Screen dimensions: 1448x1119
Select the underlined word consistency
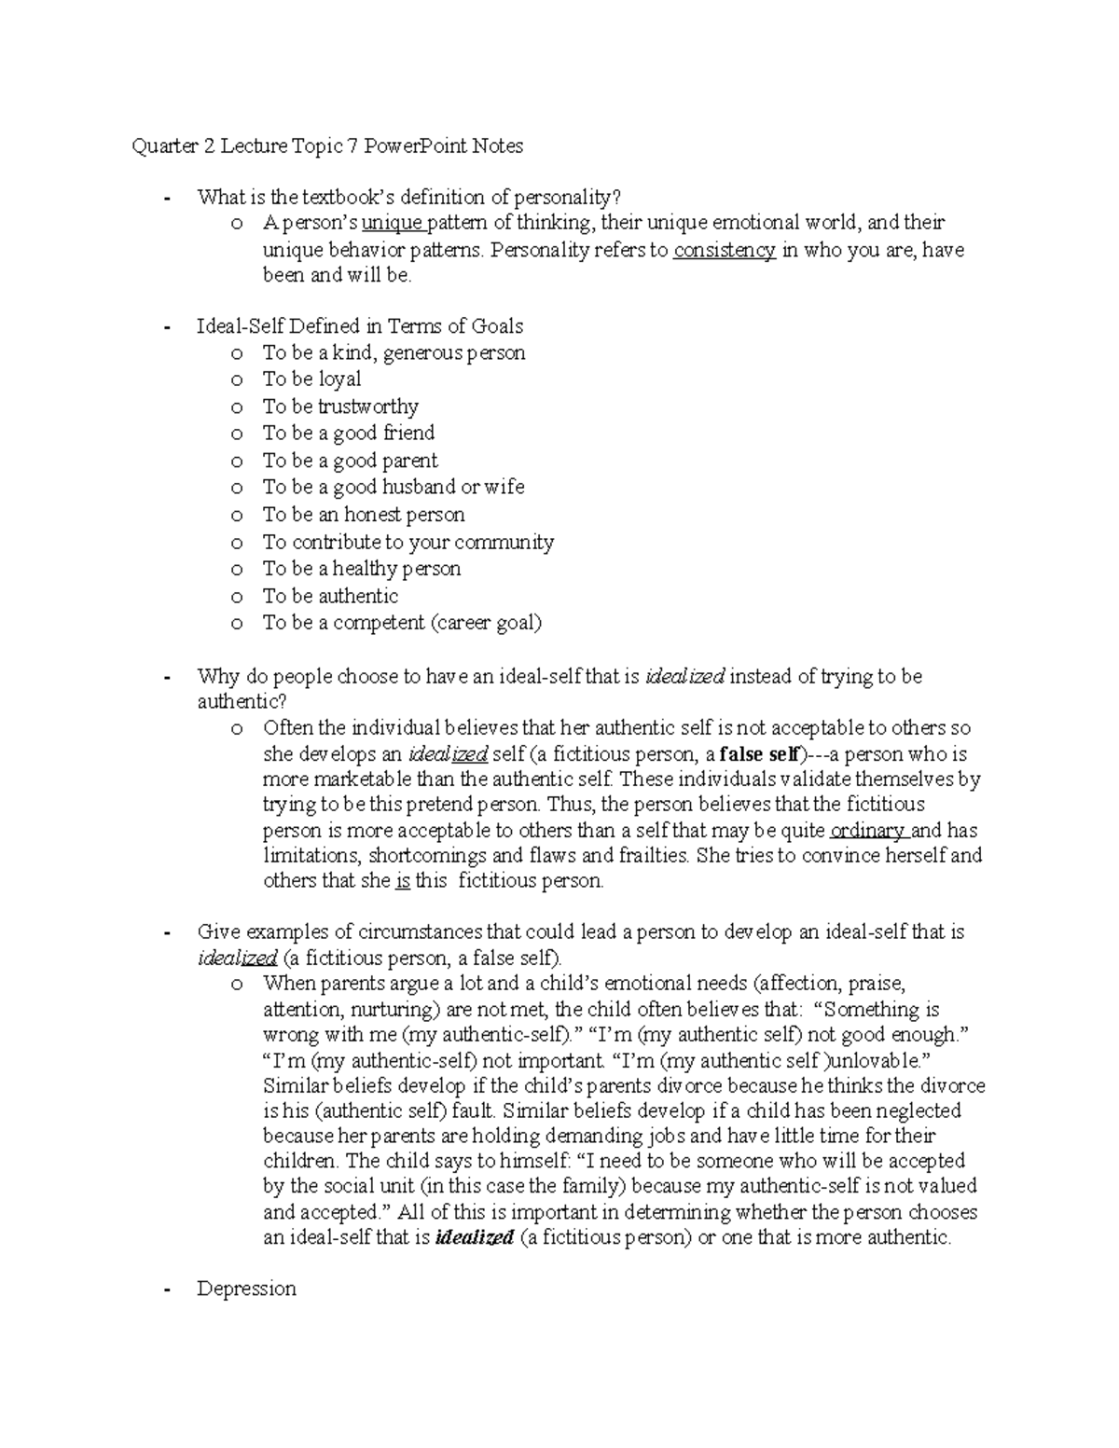725,250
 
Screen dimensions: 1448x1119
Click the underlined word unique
392,223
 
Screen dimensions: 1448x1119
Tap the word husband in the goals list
419,487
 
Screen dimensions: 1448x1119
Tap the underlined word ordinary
866,831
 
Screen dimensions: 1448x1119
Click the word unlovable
874,1060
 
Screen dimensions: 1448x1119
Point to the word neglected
916,1110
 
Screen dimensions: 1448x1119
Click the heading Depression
246,1289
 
